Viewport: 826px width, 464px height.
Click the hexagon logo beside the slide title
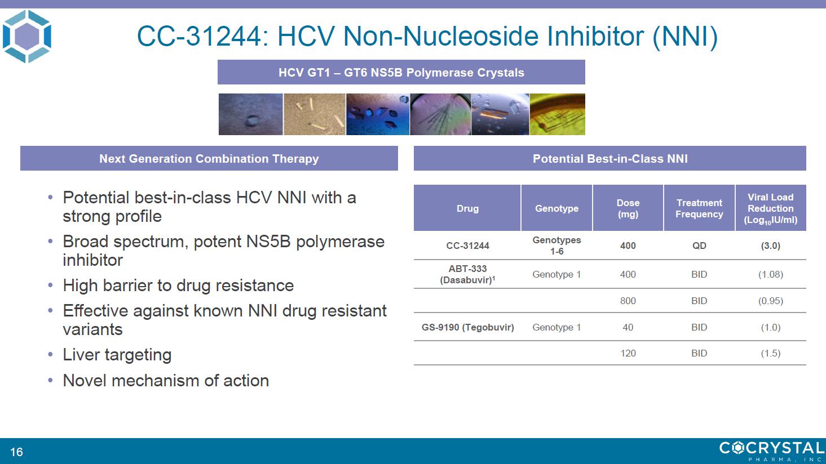click(x=27, y=37)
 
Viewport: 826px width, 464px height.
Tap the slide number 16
click(x=16, y=452)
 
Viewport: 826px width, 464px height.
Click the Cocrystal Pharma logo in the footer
click(x=771, y=451)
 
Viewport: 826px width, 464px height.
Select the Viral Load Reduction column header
click(x=770, y=208)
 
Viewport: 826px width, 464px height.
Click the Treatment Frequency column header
click(x=699, y=208)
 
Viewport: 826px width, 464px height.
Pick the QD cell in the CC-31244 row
click(x=699, y=246)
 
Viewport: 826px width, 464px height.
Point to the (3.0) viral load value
click(x=770, y=246)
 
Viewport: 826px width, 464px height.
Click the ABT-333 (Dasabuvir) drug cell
click(x=467, y=274)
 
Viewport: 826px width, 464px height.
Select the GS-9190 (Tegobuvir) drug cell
click(x=467, y=327)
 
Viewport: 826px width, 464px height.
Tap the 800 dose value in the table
click(x=628, y=301)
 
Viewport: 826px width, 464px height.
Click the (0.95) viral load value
click(x=770, y=301)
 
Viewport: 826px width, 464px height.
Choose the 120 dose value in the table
click(x=628, y=353)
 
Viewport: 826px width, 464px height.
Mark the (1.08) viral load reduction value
click(x=770, y=274)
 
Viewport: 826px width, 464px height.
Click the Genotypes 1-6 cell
click(x=556, y=246)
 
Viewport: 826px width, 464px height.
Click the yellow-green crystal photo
click(x=557, y=114)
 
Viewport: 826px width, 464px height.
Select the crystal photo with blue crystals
click(x=378, y=114)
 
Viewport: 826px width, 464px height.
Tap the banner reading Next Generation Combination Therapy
click(x=209, y=158)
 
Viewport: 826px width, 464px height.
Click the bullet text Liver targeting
click(x=117, y=355)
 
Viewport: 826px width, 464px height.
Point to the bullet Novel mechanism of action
click(x=166, y=381)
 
